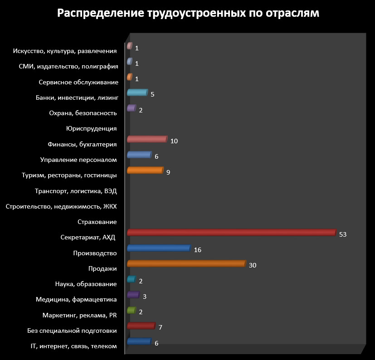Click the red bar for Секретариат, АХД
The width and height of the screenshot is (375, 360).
(232, 233)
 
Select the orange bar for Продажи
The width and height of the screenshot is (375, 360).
(186, 263)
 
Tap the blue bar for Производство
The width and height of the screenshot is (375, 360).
(159, 248)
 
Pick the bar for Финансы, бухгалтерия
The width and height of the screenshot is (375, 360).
(147, 139)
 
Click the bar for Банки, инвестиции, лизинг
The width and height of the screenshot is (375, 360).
(137, 92)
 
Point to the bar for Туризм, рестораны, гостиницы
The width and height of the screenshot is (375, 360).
(146, 170)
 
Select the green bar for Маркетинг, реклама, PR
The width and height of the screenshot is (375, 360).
(131, 310)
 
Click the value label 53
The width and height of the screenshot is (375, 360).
(343, 234)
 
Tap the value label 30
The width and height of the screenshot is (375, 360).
(253, 265)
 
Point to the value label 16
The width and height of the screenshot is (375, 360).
(198, 250)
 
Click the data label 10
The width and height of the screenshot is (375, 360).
(174, 141)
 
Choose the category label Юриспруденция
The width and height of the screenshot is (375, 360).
(91, 129)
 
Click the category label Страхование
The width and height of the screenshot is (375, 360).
(97, 222)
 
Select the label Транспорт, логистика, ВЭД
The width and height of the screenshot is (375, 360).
(76, 191)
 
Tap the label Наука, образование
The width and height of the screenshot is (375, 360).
(86, 284)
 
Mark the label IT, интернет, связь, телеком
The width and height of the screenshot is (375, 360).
(73, 346)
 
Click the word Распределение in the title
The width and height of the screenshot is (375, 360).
(101, 13)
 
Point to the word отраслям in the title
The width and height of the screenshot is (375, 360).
(292, 14)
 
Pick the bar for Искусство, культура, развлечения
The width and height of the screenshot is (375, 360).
(130, 46)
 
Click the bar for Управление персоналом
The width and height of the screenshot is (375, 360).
(139, 155)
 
